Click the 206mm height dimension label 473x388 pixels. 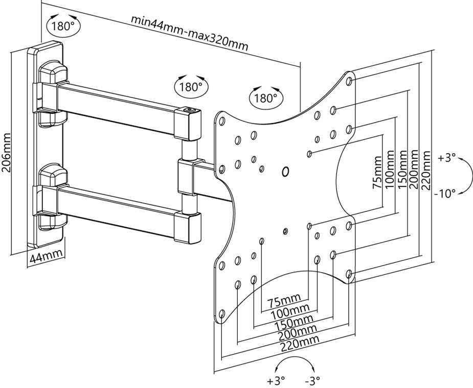click(x=7, y=153)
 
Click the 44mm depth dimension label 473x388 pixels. click(x=45, y=256)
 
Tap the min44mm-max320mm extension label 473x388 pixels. click(x=189, y=33)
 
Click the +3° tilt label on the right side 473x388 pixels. click(x=446, y=158)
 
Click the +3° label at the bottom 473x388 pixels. click(x=276, y=380)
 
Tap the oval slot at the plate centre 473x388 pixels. click(x=285, y=172)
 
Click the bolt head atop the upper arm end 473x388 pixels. click(x=188, y=109)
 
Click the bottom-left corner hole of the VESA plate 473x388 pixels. click(x=221, y=312)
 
